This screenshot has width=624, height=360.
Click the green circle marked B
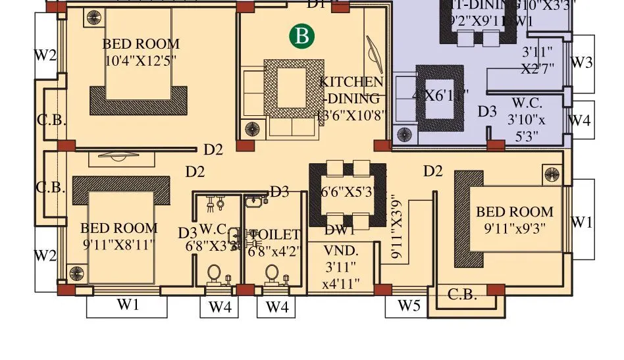coord(302,36)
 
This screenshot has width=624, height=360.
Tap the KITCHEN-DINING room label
coord(351,90)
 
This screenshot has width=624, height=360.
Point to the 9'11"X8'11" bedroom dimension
coord(118,245)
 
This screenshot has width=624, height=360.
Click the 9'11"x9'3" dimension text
coord(514,228)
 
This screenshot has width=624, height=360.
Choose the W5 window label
coord(408,305)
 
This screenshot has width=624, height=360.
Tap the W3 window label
coord(581,63)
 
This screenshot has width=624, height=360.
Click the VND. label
coord(340,250)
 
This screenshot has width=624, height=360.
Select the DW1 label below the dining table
coord(340,230)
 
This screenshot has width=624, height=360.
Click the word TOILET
coord(275,235)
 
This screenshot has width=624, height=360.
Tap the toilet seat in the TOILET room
coord(271,274)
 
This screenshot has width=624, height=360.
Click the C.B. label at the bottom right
coord(462,295)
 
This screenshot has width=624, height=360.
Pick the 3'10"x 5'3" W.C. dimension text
coord(527,128)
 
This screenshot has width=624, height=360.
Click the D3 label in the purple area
coord(487,112)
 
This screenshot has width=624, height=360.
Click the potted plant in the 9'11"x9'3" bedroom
coord(551,174)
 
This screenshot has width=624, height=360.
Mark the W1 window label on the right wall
coord(581,222)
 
